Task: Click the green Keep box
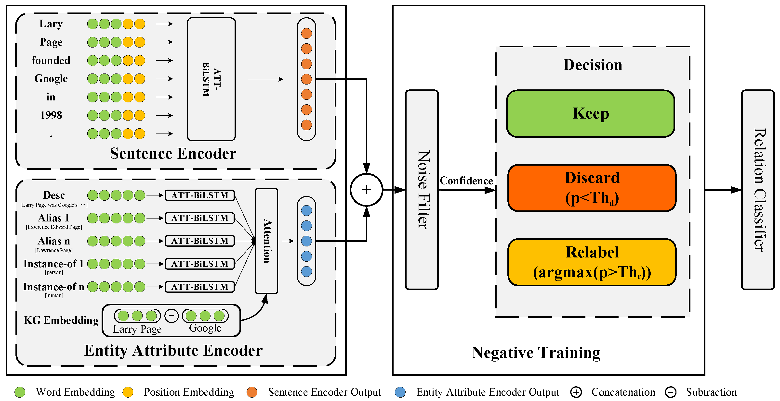coord(590,113)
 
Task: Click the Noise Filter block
coord(422,190)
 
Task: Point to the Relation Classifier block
coord(757,190)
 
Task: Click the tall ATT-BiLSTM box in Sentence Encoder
coord(211,79)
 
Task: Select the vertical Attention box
coord(266,241)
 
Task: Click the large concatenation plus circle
coord(366,190)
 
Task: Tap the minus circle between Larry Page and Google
coord(171,316)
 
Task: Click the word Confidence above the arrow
coord(466,181)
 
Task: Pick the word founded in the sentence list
coord(51,61)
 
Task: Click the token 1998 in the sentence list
coord(51,115)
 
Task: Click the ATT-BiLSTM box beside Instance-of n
coord(199,286)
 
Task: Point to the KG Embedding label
coord(61,320)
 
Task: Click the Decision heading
coord(592,65)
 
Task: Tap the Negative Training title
coord(536,352)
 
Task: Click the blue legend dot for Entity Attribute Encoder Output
coord(400,392)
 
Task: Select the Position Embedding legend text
coord(189,392)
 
